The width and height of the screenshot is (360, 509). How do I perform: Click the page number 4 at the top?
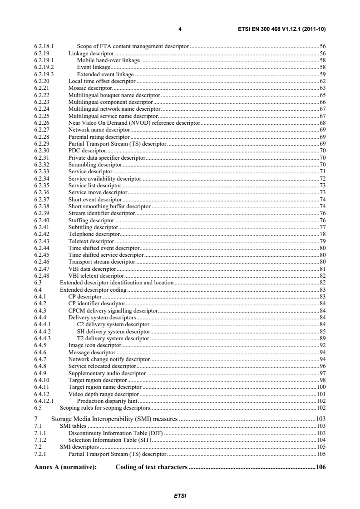pos(180,29)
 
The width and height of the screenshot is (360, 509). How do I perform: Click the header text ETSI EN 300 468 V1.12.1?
pos(281,29)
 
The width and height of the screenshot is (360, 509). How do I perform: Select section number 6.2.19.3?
pos(44,73)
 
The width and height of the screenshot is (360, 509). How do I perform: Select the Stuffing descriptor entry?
pos(91,220)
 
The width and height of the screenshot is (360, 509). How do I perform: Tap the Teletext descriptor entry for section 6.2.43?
pos(91,241)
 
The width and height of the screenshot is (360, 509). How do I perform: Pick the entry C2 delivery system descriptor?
pos(113,324)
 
